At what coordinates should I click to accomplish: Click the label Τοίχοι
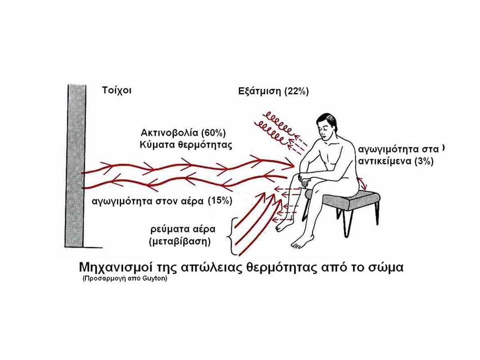coord(117,91)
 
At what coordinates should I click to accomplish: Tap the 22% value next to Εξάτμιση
coord(296,91)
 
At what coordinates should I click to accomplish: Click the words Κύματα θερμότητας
coord(186,144)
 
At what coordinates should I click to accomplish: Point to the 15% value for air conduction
coord(220,201)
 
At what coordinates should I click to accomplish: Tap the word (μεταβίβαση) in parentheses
coord(179,242)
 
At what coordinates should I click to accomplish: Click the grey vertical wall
coord(74,166)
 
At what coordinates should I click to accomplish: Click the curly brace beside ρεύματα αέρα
coord(232,236)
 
